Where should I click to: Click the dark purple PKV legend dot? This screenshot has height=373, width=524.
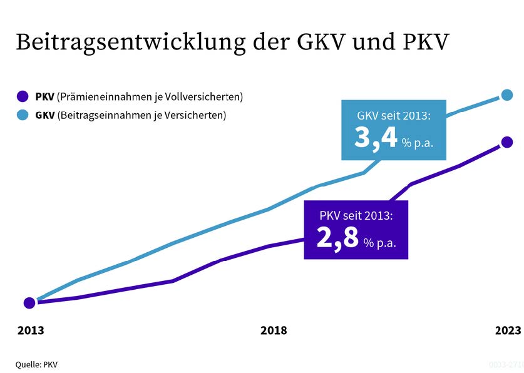(x=24, y=97)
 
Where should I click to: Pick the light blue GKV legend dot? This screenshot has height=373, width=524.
(x=24, y=115)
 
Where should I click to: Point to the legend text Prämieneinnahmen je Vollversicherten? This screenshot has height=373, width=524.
(x=150, y=97)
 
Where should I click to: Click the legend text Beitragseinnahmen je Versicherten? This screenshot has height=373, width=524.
(x=141, y=115)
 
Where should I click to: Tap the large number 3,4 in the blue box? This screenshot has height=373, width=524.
(x=376, y=138)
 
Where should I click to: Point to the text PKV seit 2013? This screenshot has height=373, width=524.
(x=356, y=216)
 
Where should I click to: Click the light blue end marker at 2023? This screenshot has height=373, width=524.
(x=507, y=95)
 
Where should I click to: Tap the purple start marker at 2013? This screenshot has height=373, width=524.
(x=29, y=303)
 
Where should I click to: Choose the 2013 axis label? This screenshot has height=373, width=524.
(x=31, y=330)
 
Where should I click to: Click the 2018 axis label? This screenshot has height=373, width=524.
(x=274, y=330)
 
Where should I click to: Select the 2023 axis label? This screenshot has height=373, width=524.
(x=507, y=330)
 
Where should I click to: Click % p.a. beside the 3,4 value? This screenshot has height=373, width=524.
(x=418, y=143)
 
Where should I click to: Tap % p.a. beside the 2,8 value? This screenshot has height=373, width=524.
(x=379, y=243)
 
